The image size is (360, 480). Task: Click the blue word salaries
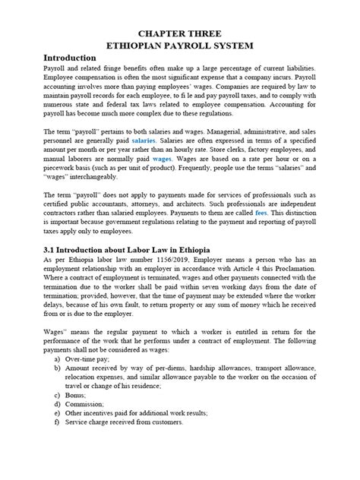144,141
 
